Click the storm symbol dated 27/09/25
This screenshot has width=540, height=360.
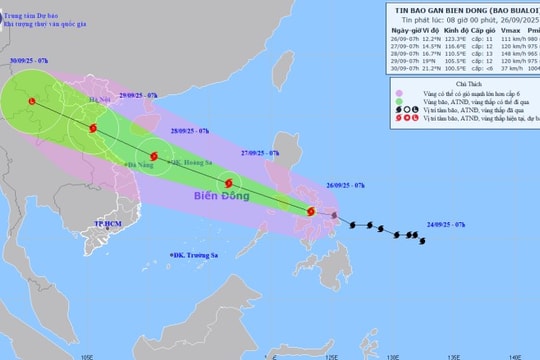pos(230,183)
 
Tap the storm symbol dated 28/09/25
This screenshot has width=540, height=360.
pos(154,156)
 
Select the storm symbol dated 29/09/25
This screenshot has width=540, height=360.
pos(93,128)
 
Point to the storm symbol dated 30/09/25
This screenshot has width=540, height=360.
pos(33,101)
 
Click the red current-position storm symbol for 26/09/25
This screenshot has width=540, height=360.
pos(310,211)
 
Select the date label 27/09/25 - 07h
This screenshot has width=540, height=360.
pos(260,155)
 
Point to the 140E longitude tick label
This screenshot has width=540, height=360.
pos(514,355)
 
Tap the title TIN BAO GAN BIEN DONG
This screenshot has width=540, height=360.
pos(440,7)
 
